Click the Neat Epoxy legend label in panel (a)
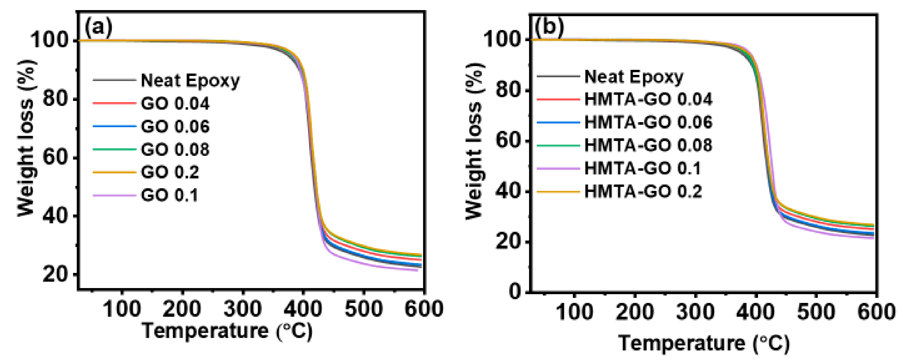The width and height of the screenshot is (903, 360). click(x=190, y=81)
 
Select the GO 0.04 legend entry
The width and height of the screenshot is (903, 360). click(x=175, y=104)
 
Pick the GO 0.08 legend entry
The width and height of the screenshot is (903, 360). click(x=175, y=149)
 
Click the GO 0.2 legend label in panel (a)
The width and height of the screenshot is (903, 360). click(x=170, y=172)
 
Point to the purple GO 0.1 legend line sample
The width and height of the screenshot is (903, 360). click(x=114, y=195)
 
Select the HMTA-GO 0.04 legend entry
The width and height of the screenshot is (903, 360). click(x=648, y=99)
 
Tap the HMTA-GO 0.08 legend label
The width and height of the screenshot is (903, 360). click(x=648, y=145)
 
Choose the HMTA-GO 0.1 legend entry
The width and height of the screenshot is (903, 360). click(x=642, y=168)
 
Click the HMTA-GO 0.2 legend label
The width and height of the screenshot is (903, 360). click(x=643, y=191)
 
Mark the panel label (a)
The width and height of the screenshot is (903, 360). click(x=99, y=27)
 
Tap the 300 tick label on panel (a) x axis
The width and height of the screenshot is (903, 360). click(x=242, y=309)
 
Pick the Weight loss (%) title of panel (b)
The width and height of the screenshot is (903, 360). click(x=475, y=142)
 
